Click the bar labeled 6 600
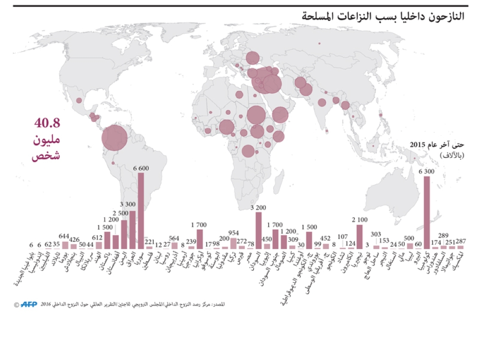point(141,210)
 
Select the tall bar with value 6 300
point(427,212)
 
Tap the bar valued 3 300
point(132,229)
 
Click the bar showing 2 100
point(359,237)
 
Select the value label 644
point(64,236)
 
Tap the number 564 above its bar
point(174,238)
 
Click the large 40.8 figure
point(46,123)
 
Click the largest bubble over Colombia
point(114,138)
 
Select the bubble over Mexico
point(79,101)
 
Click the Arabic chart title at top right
point(384,15)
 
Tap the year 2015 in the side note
point(418,144)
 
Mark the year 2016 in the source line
point(46,304)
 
